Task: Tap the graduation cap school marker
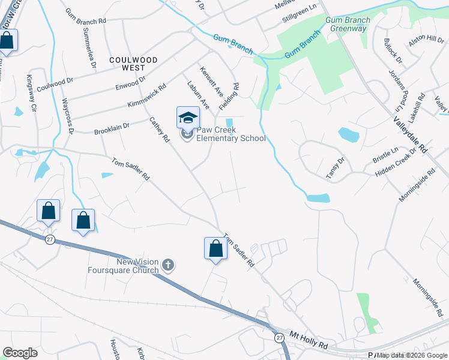click(x=188, y=117)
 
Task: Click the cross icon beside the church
click(x=169, y=265)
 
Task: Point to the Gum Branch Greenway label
click(x=348, y=24)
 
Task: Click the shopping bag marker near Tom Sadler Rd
click(x=215, y=248)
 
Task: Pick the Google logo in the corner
click(x=20, y=353)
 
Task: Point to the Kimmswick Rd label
click(x=146, y=96)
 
